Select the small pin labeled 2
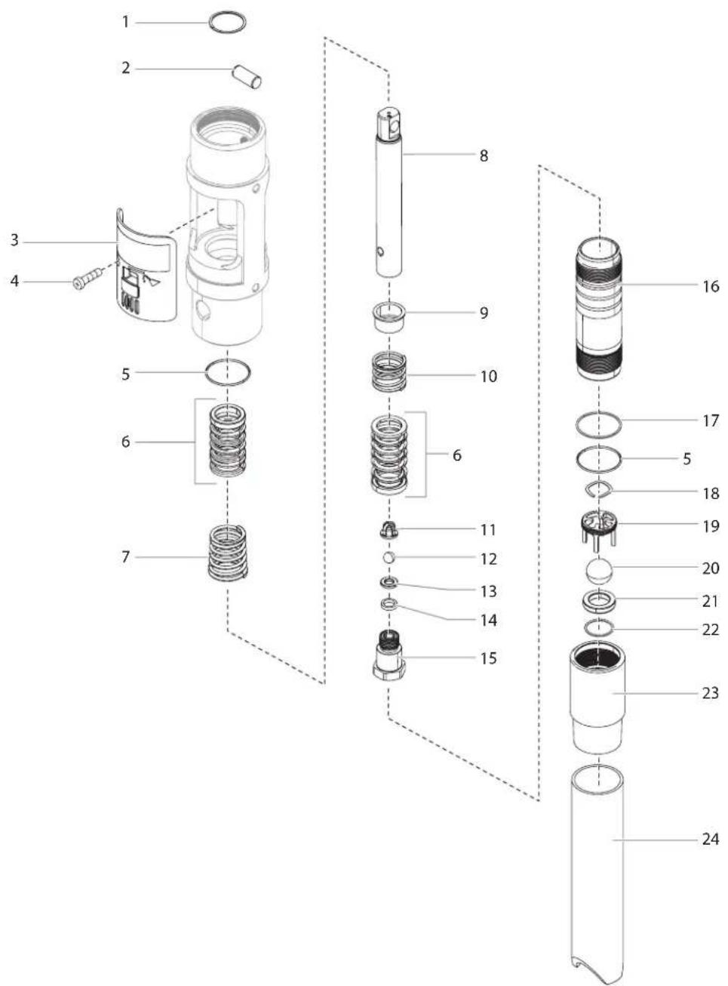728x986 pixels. (247, 77)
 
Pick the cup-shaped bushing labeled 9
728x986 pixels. (389, 318)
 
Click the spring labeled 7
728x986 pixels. (228, 552)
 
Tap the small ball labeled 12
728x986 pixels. (389, 557)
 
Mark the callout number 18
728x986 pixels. (711, 493)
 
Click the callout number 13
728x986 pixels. (488, 591)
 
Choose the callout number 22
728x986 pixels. (710, 630)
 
